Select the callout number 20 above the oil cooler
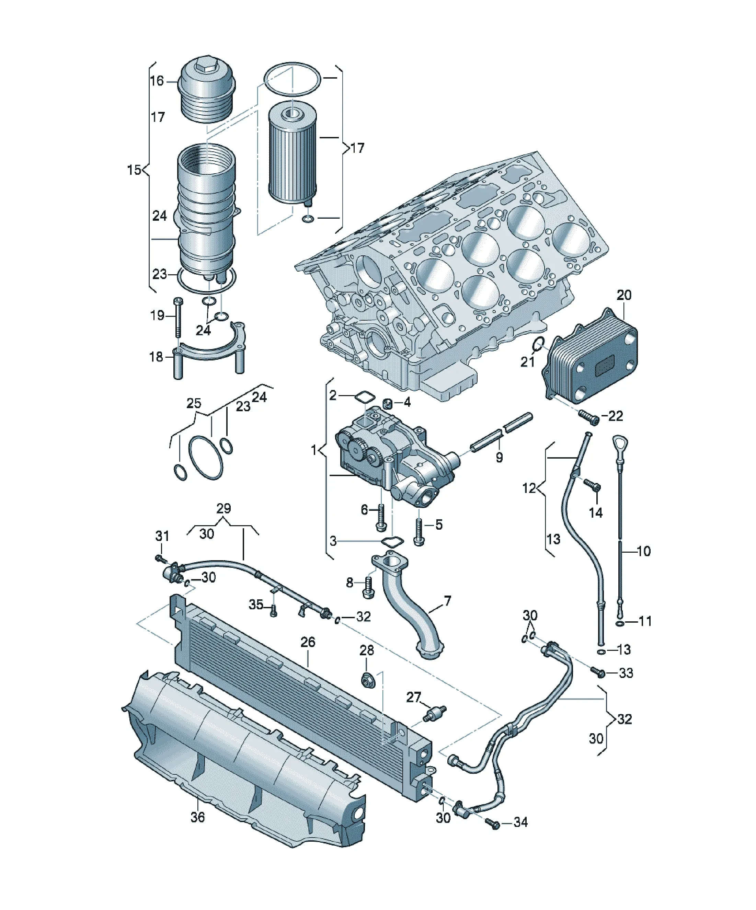click(x=624, y=295)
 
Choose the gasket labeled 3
click(x=392, y=542)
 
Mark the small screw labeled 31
click(x=161, y=558)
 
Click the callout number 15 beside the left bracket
click(x=134, y=170)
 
